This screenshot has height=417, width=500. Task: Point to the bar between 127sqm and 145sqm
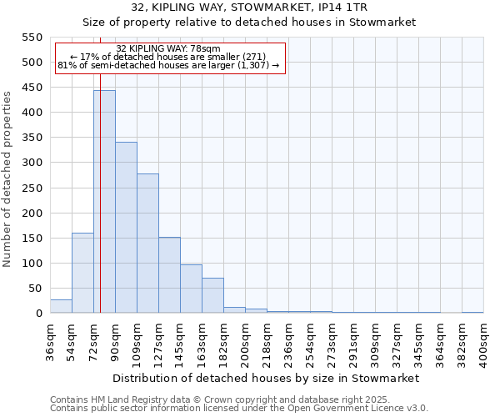point(169,275)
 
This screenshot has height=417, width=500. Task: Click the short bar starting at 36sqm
point(61,306)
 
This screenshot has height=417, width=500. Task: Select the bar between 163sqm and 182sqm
point(212,295)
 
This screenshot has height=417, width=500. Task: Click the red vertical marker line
point(100,208)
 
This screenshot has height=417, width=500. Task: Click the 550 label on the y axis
point(32,38)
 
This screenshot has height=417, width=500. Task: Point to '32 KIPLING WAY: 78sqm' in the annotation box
point(168,48)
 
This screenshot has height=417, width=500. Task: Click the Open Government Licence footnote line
point(239,409)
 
